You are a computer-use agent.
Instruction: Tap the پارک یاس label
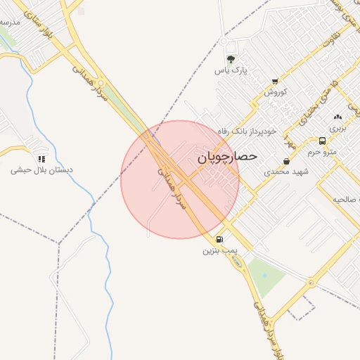pos(233,71)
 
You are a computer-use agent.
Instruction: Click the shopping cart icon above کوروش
pos(274,82)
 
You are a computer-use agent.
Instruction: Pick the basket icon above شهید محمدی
pos(286,161)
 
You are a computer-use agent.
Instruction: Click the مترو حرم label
pos(322,152)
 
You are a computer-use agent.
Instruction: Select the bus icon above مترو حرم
pos(322,141)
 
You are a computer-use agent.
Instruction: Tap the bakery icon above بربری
pos(338,117)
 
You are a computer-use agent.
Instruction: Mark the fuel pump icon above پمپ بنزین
pos(221,239)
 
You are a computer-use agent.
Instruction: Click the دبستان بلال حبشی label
pos(42,170)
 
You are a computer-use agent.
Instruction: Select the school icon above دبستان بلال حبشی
pos(41,160)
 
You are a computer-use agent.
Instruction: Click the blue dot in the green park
pos(264,274)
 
